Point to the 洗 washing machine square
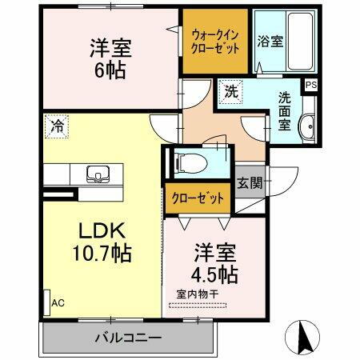click(x=230, y=90)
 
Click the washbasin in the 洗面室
click(x=306, y=126)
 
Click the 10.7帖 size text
click(x=104, y=255)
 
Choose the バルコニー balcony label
click(x=128, y=337)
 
